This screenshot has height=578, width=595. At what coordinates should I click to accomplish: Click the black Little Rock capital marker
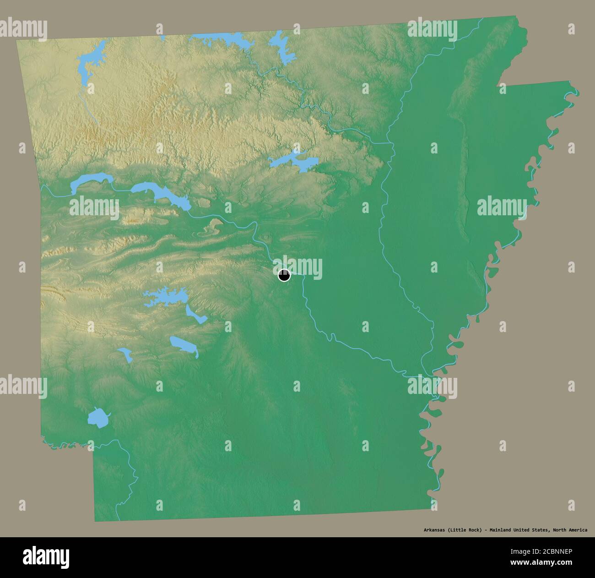284,275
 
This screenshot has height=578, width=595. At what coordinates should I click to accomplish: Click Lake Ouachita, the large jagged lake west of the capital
162,298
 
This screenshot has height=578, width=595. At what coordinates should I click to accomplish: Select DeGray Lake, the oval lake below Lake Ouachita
183,345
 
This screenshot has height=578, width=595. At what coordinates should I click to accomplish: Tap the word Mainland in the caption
502,530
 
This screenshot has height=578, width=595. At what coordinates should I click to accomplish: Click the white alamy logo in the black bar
46,556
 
